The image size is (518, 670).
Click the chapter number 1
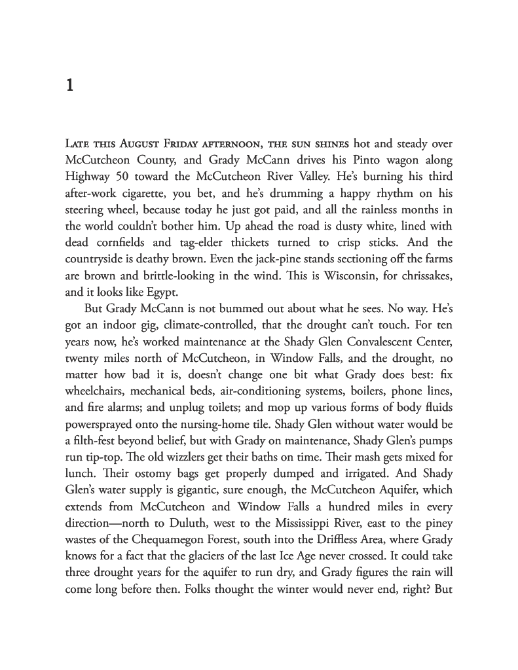pyautogui.click(x=69, y=86)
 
